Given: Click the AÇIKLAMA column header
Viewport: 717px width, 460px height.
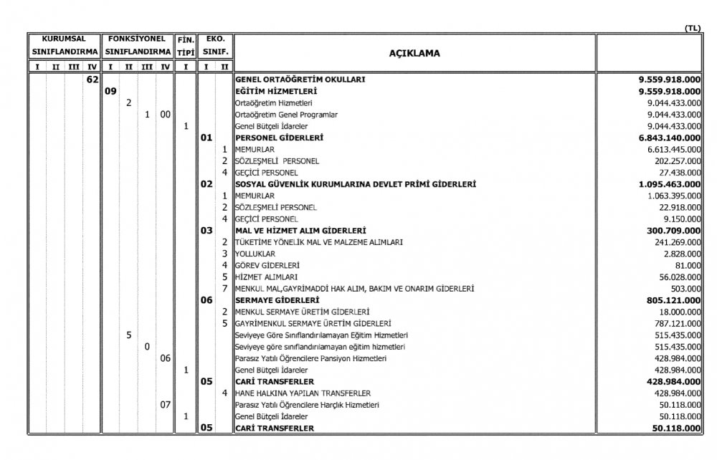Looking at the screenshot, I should (414, 53).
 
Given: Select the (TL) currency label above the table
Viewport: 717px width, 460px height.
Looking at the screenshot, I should (693, 28).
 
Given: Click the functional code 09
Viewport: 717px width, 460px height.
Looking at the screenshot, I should (110, 92).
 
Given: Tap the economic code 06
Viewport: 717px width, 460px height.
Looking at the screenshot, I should (206, 300).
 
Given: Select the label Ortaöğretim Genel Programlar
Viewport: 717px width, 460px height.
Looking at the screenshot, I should (287, 115).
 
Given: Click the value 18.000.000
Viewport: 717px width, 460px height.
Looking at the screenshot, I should (677, 312).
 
